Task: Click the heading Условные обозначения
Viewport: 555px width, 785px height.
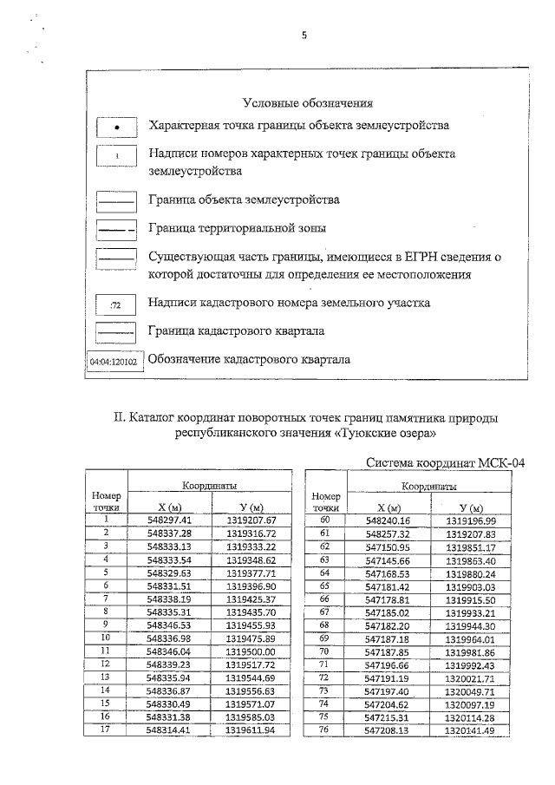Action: click(308, 103)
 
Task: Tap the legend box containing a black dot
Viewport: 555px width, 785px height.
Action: click(116, 128)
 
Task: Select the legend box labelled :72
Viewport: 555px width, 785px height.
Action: click(116, 305)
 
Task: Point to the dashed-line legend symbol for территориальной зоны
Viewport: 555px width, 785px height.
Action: click(116, 230)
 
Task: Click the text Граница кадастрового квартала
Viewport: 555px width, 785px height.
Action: click(237, 331)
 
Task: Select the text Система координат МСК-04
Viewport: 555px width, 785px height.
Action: click(445, 463)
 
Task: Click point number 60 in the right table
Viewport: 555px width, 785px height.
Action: click(326, 520)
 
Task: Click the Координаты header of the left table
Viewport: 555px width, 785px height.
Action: click(210, 487)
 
